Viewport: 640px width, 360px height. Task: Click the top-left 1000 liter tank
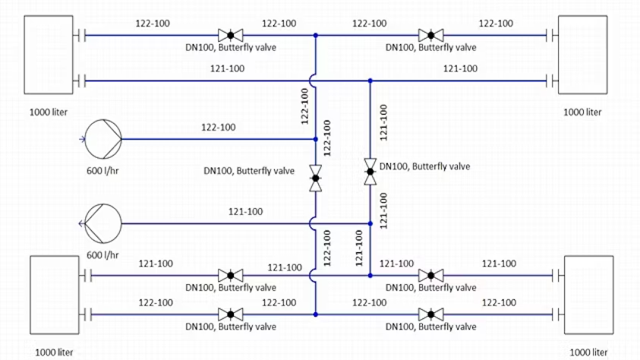pos(49,55)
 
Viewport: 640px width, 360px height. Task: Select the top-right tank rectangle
pos(585,55)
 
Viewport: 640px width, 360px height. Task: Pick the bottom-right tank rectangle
pos(588,295)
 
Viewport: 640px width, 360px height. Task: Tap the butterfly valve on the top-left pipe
pos(229,35)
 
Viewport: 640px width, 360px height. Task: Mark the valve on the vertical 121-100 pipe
pos(370,172)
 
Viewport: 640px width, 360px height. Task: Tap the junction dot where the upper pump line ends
pos(315,139)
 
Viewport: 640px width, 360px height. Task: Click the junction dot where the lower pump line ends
pos(370,223)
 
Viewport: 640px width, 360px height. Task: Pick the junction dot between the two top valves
pos(315,35)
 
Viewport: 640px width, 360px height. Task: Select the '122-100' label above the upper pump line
pos(218,127)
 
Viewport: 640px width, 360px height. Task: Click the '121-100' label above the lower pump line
pos(245,211)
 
